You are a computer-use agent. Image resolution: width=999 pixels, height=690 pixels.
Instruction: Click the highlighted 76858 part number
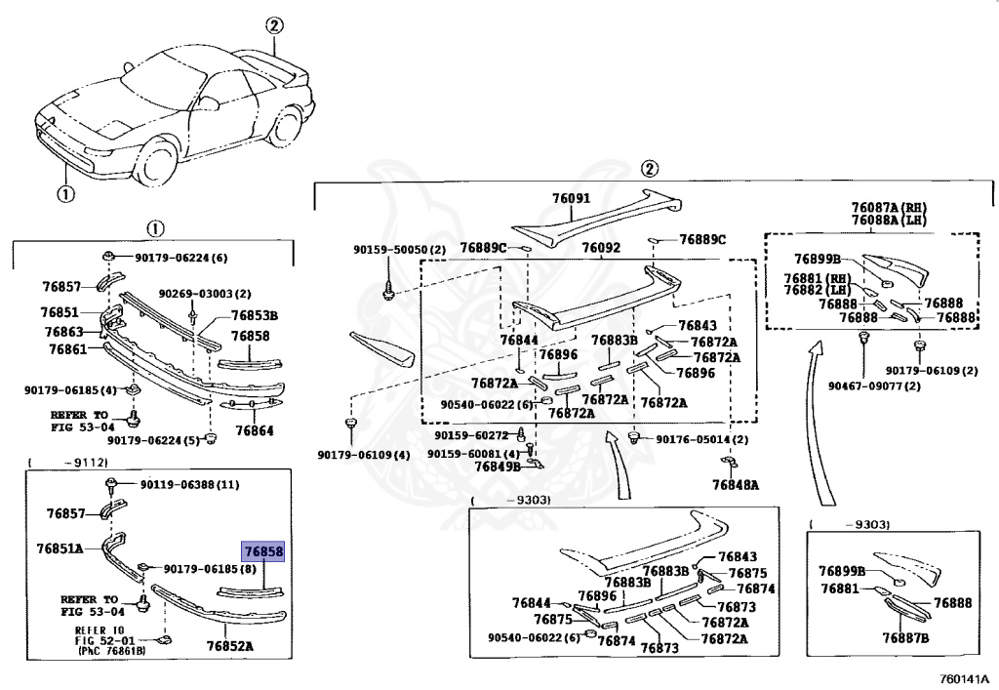coord(263,551)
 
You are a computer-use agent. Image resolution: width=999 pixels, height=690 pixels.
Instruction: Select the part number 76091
coord(571,199)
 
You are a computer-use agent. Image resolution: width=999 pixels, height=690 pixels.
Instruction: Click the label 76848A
coord(736,484)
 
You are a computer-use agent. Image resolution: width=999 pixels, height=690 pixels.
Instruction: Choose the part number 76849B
coord(498,467)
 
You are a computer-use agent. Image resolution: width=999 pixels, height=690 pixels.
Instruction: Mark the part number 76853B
coord(255,314)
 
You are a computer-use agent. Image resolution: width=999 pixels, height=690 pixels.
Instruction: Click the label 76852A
coord(229,645)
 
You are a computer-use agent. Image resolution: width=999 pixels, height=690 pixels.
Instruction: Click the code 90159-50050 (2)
coord(399,250)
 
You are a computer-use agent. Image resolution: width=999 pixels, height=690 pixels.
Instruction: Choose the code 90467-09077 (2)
coord(874,386)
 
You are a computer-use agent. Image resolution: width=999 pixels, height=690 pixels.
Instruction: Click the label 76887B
coord(906,638)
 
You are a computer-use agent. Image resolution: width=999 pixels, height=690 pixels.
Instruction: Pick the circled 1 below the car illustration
coord(64,193)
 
